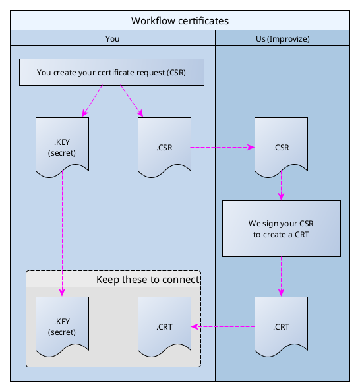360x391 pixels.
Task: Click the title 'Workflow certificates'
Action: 179,20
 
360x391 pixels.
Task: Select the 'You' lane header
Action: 112,39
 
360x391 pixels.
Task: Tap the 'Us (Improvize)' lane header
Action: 282,39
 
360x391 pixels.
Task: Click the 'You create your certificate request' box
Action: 111,73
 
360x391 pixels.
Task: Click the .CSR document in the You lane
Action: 164,147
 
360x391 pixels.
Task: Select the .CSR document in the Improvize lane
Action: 282,147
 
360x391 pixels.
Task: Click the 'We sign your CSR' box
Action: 282,229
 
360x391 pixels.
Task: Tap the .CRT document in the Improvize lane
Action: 282,326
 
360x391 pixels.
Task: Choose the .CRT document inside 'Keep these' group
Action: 164,326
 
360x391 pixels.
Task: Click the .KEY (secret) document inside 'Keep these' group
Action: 62,326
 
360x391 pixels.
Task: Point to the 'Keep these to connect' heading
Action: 147,280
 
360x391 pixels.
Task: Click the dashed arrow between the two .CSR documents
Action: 223,148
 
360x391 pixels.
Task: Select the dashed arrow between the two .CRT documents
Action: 223,326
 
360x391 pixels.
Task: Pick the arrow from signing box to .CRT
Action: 282,276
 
